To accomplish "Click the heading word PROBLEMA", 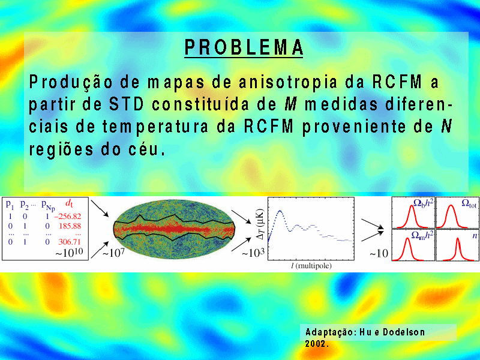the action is tap(244, 47).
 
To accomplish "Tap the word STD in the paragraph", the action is tap(127, 104).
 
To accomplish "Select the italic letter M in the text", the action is tap(290, 104).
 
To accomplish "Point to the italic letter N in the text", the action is tap(446, 126).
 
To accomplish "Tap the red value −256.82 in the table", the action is tap(68, 217).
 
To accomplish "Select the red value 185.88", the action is tap(70, 226).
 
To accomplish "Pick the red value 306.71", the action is tap(70, 242).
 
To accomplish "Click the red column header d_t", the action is tap(69, 203).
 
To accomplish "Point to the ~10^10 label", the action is tap(69, 252).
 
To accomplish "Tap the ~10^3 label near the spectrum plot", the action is tap(253, 253).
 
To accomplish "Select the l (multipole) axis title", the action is tap(311, 265).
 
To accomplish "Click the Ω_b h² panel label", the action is tap(423, 202).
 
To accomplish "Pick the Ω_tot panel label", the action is tap(469, 203).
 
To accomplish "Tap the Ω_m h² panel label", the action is tap(422, 235).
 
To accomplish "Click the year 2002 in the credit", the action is tap(316, 344).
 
